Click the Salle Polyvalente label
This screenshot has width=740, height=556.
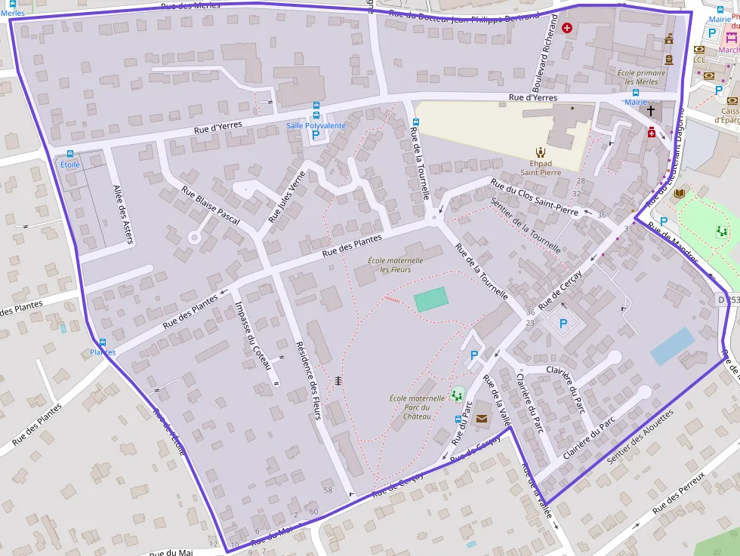pyautogui.click(x=316, y=125)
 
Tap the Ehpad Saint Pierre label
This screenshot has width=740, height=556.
pyautogui.click(x=540, y=167)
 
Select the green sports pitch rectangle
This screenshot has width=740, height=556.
pyautogui.click(x=430, y=300)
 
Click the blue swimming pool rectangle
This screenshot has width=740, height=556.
pyautogui.click(x=672, y=346)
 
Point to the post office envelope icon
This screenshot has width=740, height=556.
pyautogui.click(x=482, y=418)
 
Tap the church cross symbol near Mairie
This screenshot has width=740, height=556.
pyautogui.click(x=651, y=111)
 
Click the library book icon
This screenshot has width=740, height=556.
pyautogui.click(x=680, y=194)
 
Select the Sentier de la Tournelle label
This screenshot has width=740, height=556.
pyautogui.click(x=525, y=224)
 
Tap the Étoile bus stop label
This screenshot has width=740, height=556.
pyautogui.click(x=70, y=164)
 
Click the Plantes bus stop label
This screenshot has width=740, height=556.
pyautogui.click(x=103, y=352)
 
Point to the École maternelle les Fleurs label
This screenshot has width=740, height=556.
pyautogui.click(x=395, y=265)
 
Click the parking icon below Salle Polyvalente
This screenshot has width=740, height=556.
pyautogui.click(x=316, y=136)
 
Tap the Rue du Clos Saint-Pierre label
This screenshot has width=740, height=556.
pyautogui.click(x=534, y=197)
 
